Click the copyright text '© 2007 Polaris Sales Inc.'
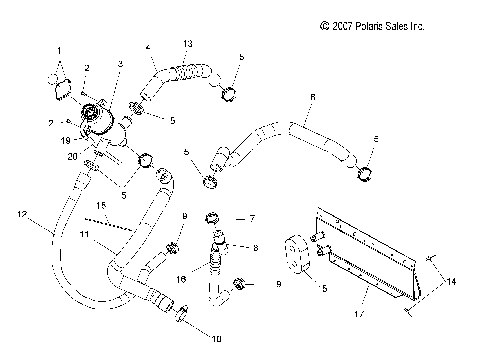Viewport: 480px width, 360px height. (x=372, y=26)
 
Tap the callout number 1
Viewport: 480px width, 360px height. (x=58, y=50)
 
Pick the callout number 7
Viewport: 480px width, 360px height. (x=253, y=217)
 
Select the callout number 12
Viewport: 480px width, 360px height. (x=21, y=213)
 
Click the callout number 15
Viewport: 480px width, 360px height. (x=101, y=205)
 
